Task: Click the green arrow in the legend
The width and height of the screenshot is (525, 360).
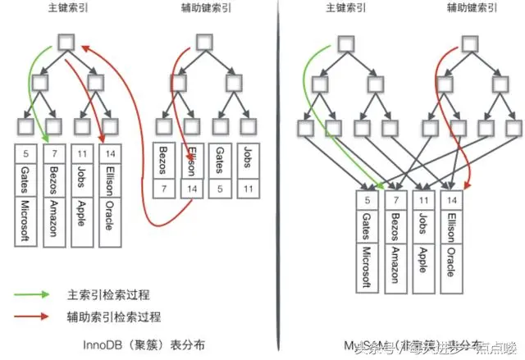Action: click(x=37, y=294)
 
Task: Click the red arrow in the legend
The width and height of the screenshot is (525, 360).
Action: click(x=37, y=316)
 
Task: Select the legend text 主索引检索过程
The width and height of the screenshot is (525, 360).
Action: click(x=104, y=294)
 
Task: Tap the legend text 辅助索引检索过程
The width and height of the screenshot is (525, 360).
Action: click(x=110, y=316)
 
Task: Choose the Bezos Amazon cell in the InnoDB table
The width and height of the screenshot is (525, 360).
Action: click(x=54, y=205)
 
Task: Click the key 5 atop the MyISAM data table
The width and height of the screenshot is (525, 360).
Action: click(x=365, y=199)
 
